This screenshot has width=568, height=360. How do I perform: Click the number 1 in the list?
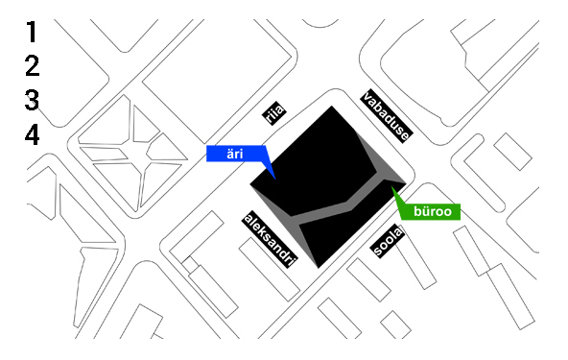[33, 33]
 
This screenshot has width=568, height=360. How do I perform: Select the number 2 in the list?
[33, 66]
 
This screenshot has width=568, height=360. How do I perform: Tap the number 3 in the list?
[33, 100]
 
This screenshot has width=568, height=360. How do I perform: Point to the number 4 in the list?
[33, 133]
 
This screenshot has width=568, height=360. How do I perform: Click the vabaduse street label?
[387, 115]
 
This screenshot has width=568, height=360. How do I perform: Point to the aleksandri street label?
[272, 239]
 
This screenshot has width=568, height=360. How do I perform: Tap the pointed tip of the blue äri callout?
[275, 178]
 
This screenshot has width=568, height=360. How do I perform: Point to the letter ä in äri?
[225, 154]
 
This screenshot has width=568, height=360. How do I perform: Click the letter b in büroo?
[417, 211]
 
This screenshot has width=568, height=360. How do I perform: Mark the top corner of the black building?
[332, 107]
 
